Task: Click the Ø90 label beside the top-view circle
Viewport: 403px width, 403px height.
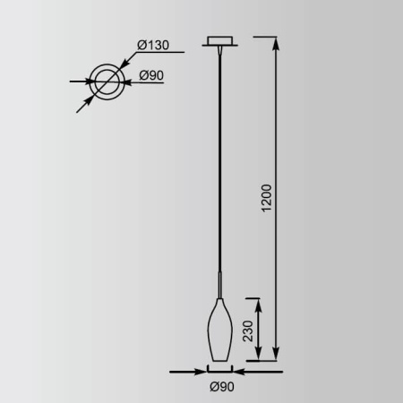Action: (x=151, y=76)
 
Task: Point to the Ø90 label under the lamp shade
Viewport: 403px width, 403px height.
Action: (x=221, y=386)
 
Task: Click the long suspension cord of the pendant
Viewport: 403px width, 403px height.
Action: (x=219, y=161)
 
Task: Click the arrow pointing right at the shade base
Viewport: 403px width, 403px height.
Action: (x=200, y=370)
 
